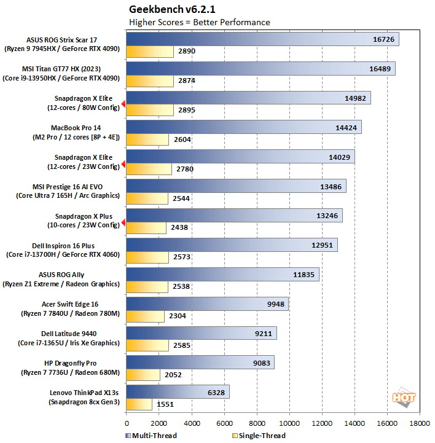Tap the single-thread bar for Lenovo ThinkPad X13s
pos(139,404)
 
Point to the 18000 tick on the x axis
pos(420,423)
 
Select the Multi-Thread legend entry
pos(151,436)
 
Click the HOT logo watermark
pos(404,396)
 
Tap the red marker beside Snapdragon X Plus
pos(123,222)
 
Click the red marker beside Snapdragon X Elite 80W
pos(123,104)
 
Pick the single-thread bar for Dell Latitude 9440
pos(147,345)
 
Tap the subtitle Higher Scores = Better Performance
pos(199,22)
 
